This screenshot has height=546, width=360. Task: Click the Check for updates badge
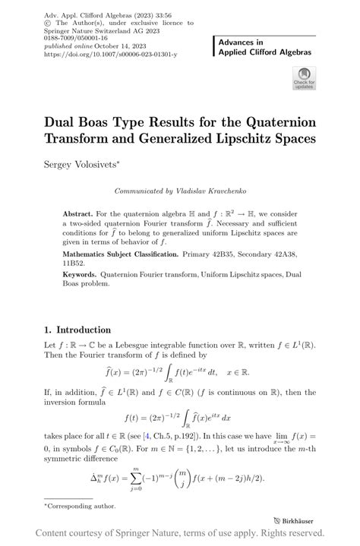tap(305, 78)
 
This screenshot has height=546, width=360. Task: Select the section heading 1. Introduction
tap(77, 330)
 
